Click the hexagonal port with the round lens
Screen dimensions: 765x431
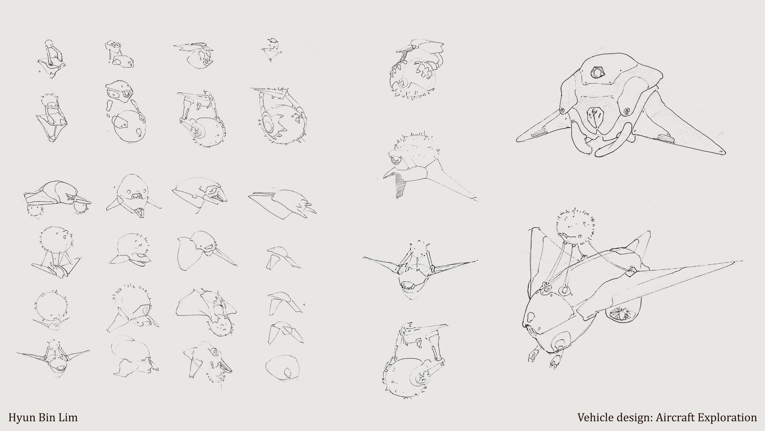tap(596, 72)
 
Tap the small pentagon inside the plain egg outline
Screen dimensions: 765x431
tap(287, 373)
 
